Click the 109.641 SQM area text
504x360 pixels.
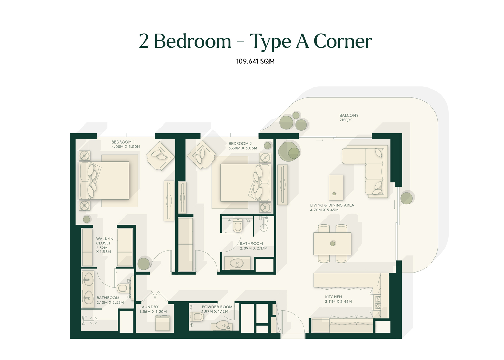[x=255, y=61]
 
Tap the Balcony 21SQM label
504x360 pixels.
[x=349, y=118]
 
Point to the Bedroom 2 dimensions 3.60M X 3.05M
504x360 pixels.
[x=242, y=148]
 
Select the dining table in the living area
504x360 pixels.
[x=332, y=244]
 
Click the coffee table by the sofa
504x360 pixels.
[x=336, y=187]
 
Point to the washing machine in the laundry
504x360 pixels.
[x=163, y=323]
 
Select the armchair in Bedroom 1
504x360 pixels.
[x=160, y=156]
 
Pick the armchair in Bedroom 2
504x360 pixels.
[x=201, y=155]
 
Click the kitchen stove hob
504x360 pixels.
[x=377, y=302]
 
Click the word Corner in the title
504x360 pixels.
[x=343, y=41]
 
